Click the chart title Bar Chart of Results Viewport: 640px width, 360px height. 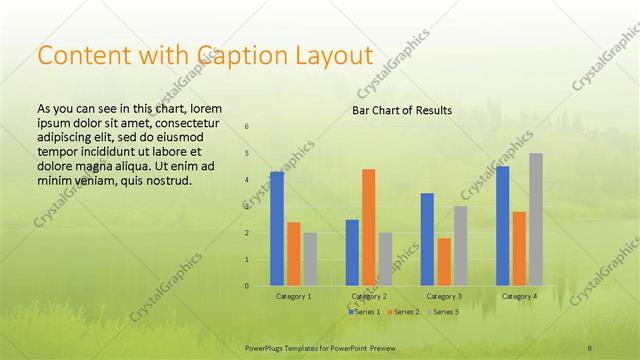click(402, 110)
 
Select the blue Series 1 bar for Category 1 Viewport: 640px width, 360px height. click(277, 229)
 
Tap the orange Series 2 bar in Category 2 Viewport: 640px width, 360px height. click(368, 227)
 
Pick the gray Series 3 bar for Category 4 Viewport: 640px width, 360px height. click(536, 219)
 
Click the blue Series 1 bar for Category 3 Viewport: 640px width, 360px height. click(427, 239)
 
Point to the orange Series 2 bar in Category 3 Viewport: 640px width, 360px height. click(444, 262)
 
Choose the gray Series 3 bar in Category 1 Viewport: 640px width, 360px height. click(310, 259)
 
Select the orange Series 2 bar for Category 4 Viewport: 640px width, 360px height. click(519, 249)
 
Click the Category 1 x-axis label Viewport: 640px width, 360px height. click(293, 297)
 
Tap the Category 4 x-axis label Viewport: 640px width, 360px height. click(519, 297)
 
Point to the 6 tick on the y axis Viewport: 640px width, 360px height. click(247, 127)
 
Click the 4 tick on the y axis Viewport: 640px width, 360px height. click(247, 180)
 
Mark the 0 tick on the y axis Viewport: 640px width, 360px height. click(247, 286)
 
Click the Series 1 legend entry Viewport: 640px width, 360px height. click(364, 313)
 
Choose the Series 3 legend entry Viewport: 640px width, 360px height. click(443, 313)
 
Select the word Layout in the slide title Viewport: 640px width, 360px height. click(334, 56)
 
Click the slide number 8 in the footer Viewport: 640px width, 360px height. click(590, 347)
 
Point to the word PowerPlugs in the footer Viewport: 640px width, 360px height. click(265, 347)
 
